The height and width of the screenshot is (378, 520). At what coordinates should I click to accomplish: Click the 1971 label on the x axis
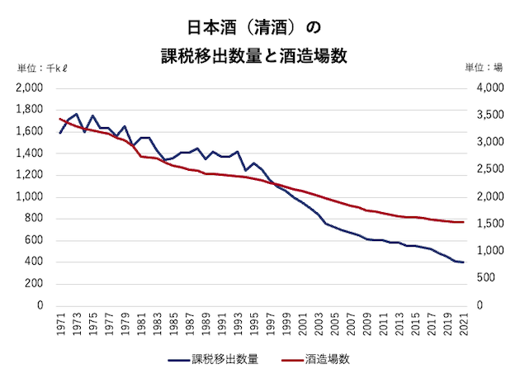(x=62, y=325)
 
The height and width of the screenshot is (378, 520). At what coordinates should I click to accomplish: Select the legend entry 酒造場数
(x=324, y=360)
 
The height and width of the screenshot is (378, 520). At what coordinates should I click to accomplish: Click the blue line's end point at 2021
(x=463, y=262)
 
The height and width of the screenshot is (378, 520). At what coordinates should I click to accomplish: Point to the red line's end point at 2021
(x=463, y=222)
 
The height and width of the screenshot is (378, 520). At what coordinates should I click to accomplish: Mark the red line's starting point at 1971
(x=60, y=119)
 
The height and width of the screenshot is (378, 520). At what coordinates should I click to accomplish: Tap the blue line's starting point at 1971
(x=60, y=133)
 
